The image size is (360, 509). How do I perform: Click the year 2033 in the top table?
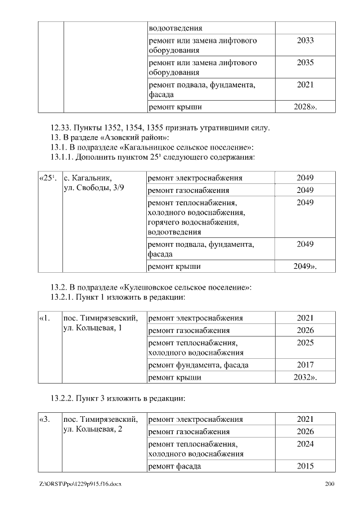(x=305, y=40)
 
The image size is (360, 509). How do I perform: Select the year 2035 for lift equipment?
(x=305, y=62)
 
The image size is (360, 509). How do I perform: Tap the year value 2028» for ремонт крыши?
(x=305, y=107)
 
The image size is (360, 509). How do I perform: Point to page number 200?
(x=330, y=484)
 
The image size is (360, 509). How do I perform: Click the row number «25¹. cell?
(x=47, y=178)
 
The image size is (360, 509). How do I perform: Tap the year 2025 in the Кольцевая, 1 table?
(x=305, y=343)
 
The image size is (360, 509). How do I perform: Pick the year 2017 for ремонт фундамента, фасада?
(x=305, y=365)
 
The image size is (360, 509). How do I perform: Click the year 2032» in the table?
(x=305, y=377)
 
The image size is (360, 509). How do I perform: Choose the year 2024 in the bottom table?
(x=305, y=443)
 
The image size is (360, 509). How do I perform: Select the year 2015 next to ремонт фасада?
(x=305, y=466)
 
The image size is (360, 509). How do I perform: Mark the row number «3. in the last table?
(x=45, y=419)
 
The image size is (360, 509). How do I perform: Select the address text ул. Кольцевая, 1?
(x=93, y=328)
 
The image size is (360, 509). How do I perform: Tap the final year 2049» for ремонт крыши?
(x=305, y=266)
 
